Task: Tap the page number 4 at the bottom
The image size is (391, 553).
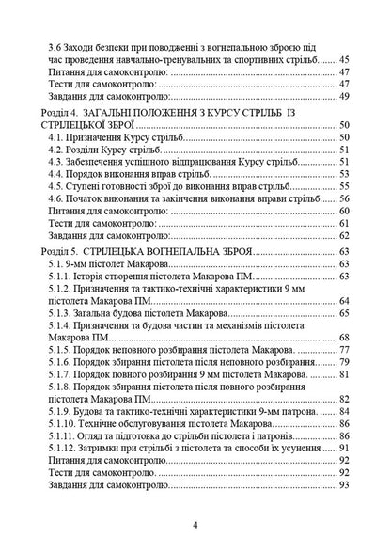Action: click(195, 524)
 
